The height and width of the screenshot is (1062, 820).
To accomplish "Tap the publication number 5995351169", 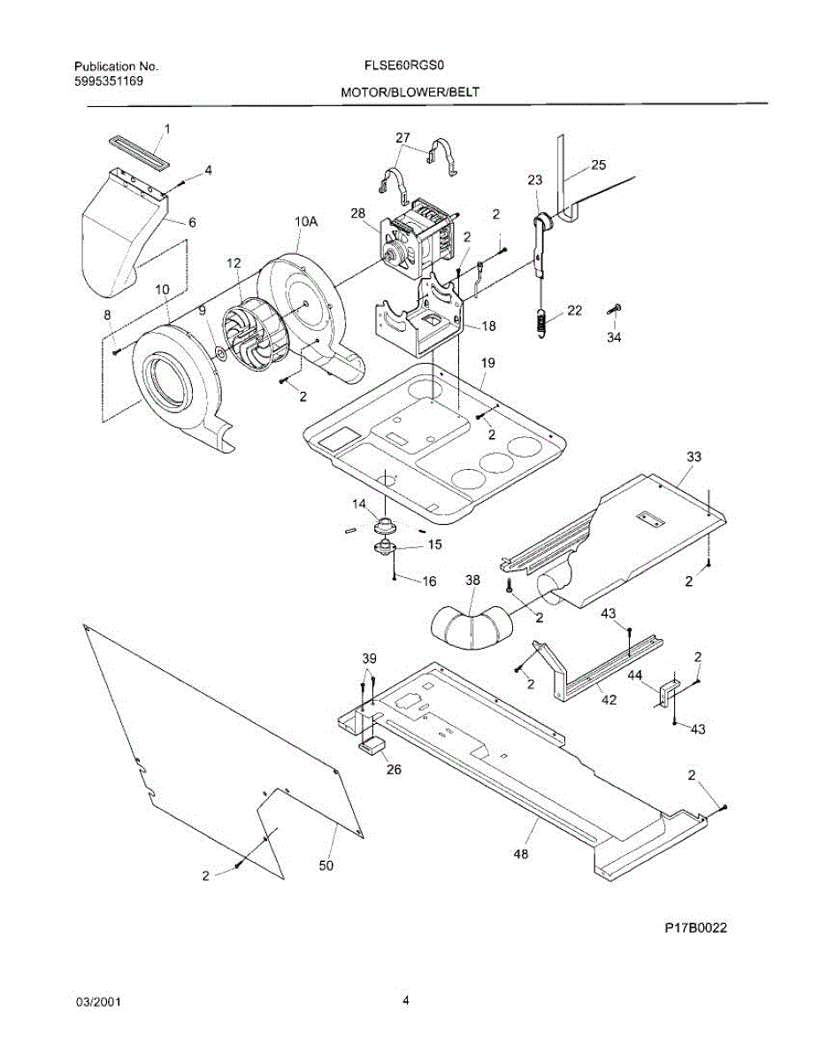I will (109, 81).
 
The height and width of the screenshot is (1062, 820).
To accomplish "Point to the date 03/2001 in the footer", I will (98, 1002).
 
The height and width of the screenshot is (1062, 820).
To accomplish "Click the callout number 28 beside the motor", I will (357, 212).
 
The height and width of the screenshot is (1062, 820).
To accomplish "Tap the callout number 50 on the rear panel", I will (326, 866).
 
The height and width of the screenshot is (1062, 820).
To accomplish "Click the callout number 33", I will (694, 457).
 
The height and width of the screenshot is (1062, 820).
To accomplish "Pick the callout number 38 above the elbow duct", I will (472, 580).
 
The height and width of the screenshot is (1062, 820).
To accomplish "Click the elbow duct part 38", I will (470, 625).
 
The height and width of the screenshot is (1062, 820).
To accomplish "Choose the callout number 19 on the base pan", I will (488, 363).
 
